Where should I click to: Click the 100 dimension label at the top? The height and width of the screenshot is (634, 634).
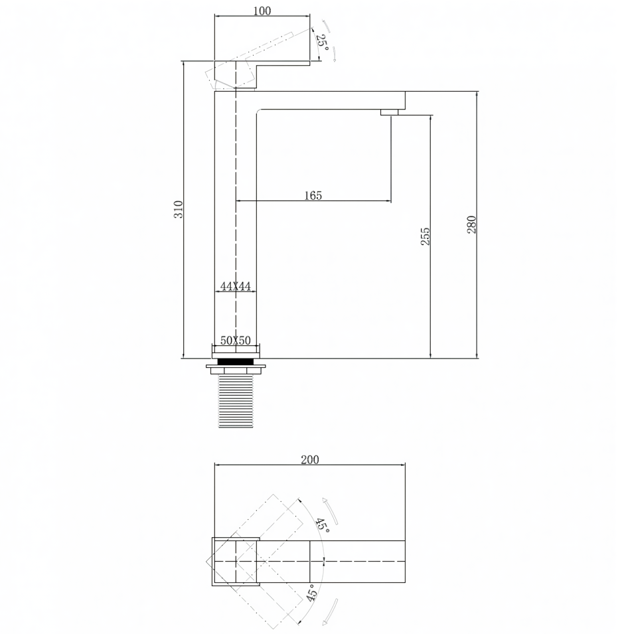click(262, 11)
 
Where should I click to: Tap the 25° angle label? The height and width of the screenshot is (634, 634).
click(323, 41)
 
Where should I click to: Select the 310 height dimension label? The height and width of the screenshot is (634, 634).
click(179, 209)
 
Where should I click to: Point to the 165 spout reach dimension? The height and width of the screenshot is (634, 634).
click(313, 196)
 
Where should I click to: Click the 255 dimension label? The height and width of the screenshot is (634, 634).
click(426, 236)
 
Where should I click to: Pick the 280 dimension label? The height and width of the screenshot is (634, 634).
click(471, 224)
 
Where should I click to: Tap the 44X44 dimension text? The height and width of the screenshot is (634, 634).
click(235, 286)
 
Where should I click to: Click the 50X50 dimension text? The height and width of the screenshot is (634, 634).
click(235, 340)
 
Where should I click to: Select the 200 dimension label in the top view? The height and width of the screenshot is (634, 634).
click(310, 459)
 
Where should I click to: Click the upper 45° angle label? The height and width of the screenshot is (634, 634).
click(323, 525)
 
